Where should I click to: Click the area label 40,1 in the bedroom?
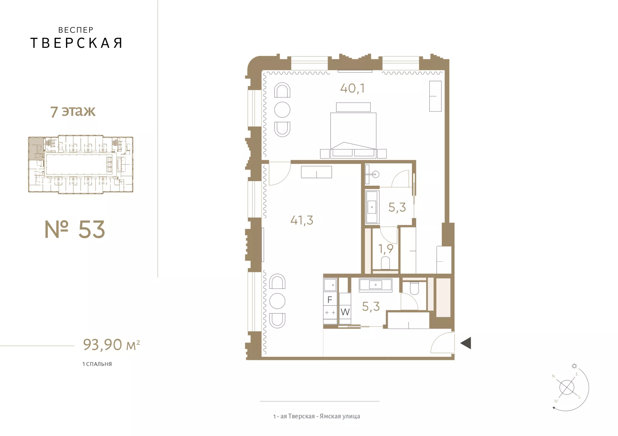coord(352,88)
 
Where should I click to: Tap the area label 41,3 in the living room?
coord(302,220)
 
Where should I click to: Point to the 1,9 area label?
coord(386,249)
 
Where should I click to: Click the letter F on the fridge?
coord(330,300)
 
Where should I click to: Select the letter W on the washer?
coord(345,312)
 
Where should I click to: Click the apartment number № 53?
coord(75,229)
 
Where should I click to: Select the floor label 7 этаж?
coord(73,111)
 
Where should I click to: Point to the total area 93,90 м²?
coord(111,344)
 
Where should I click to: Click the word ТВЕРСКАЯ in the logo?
coord(76,43)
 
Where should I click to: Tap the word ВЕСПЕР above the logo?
coord(76,30)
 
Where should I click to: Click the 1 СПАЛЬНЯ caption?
coord(97,364)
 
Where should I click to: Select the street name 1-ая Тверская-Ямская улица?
coord(317,416)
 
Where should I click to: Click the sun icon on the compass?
coord(574,366)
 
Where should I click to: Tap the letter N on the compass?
coord(553,376)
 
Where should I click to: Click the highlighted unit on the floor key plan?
coord(36,148)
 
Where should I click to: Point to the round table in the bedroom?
coord(282,110)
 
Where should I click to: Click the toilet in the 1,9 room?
coord(385,263)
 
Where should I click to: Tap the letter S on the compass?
coord(579,397)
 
